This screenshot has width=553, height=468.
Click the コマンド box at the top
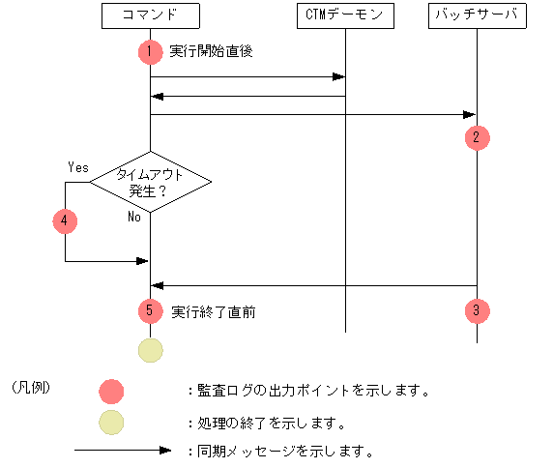tap(150, 16)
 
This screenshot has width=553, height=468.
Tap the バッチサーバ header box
tap(477, 16)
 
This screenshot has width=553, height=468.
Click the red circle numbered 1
tap(150, 51)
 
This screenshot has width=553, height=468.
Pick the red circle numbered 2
tap(477, 137)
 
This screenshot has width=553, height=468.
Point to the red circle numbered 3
tap(477, 311)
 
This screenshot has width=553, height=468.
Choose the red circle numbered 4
tap(65, 220)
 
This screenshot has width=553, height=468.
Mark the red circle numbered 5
tap(150, 311)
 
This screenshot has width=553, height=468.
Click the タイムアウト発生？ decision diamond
tap(150, 182)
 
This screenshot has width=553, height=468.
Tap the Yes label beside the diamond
tap(78, 166)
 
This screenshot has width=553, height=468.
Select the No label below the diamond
tap(135, 218)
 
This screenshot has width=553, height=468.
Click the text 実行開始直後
tap(211, 52)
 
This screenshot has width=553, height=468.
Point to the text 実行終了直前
tap(213, 312)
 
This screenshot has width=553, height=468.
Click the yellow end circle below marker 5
tap(150, 349)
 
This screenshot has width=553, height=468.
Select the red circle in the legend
tap(112, 391)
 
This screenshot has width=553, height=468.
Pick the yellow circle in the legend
tap(112, 423)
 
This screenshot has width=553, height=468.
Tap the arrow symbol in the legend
tap(124, 451)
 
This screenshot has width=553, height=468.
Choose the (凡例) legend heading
tap(31, 388)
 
